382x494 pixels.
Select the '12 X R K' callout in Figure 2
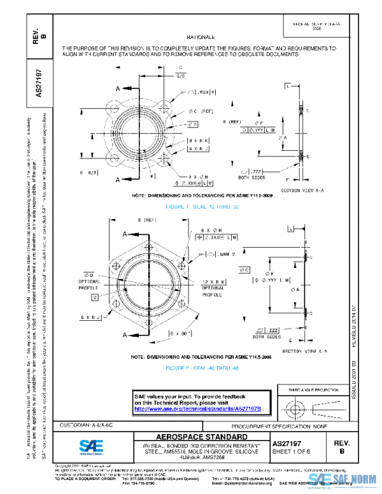click(x=215, y=281)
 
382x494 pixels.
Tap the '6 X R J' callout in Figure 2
click(x=92, y=316)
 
